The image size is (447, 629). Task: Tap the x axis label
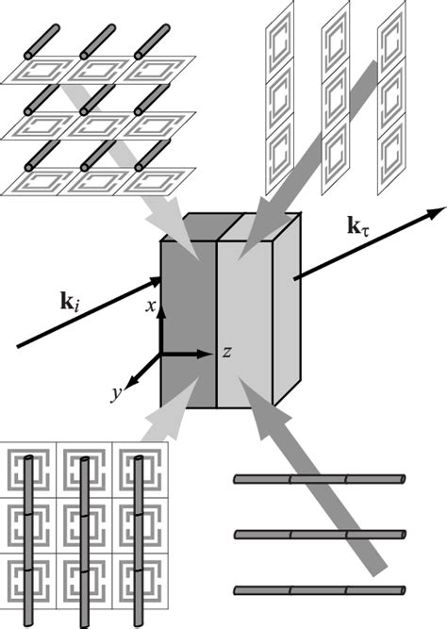(149, 306)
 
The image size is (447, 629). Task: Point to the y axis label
(116, 394)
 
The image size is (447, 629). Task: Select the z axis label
(227, 352)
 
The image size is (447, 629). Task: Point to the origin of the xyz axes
(161, 356)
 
